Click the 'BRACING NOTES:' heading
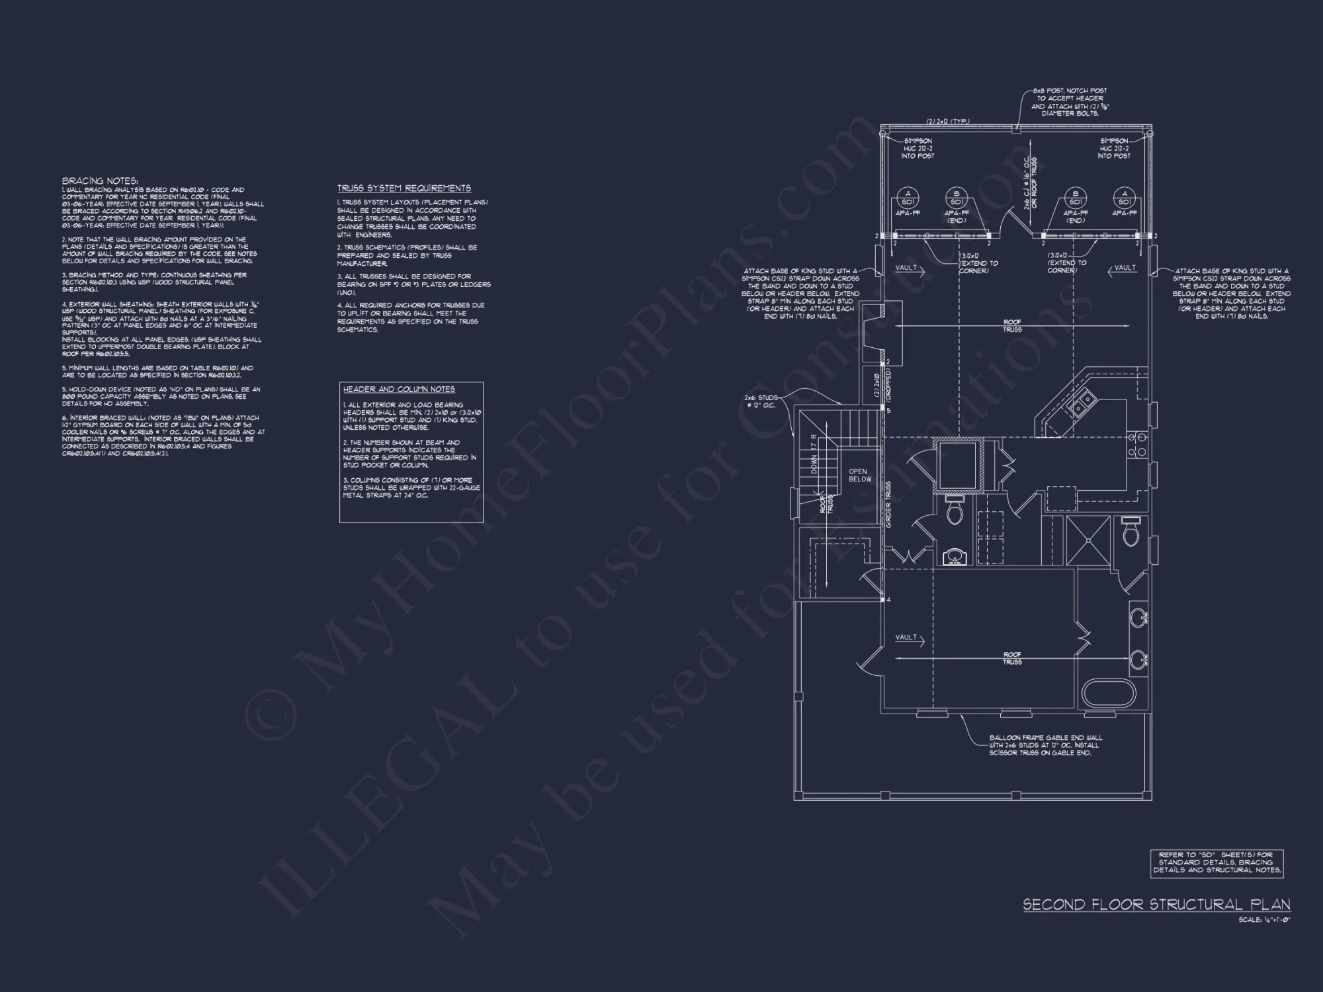[x=100, y=181]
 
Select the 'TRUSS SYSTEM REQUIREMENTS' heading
[x=404, y=188]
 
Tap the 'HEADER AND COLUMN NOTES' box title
[x=399, y=390]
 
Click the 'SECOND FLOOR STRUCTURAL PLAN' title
[x=1156, y=905]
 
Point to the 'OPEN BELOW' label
[x=860, y=475]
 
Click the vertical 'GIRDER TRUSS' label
[x=888, y=505]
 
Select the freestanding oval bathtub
[x=1109, y=694]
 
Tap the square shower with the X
[x=1088, y=540]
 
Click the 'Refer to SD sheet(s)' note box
[x=1216, y=862]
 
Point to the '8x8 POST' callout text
[x=1069, y=102]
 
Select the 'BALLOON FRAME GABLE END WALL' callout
[x=1046, y=745]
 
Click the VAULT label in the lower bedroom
[x=906, y=638]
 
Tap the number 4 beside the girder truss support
[x=888, y=600]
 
